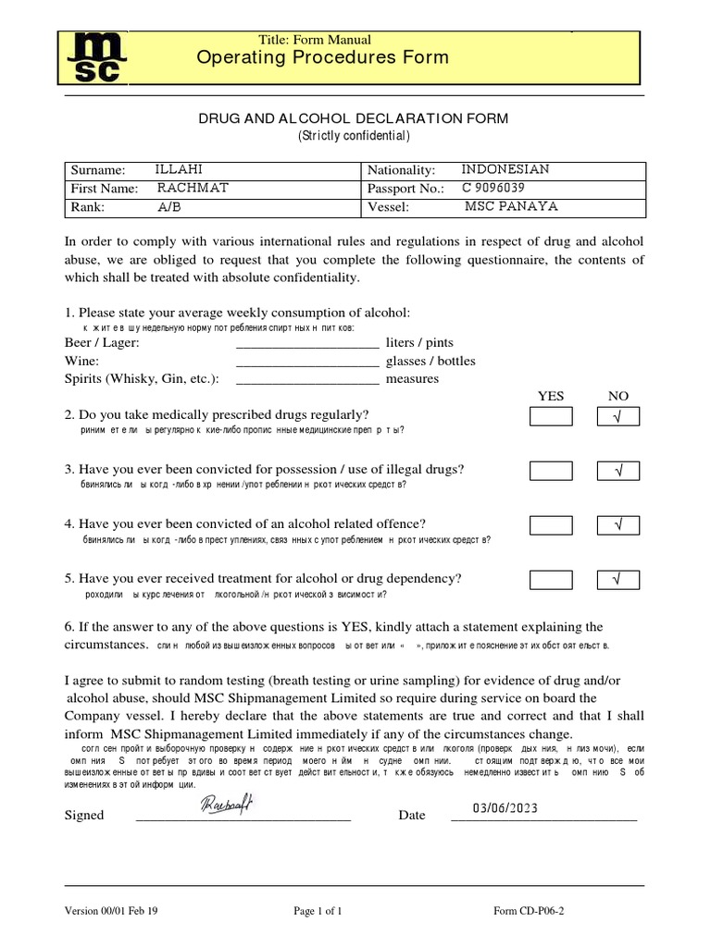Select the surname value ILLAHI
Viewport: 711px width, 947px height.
tap(179, 169)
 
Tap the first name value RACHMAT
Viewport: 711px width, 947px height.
tap(192, 188)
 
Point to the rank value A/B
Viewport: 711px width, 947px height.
tap(170, 206)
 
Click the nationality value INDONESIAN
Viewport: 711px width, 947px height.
tap(505, 169)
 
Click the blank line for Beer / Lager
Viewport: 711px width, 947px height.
tap(308, 343)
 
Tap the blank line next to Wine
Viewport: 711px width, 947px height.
tap(308, 361)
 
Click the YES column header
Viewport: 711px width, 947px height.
tap(551, 396)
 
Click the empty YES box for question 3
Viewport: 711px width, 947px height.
tap(551, 472)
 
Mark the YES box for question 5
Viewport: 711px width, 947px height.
tap(551, 580)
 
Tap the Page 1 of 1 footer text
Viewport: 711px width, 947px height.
tap(318, 910)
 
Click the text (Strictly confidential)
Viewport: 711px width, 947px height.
tap(353, 136)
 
